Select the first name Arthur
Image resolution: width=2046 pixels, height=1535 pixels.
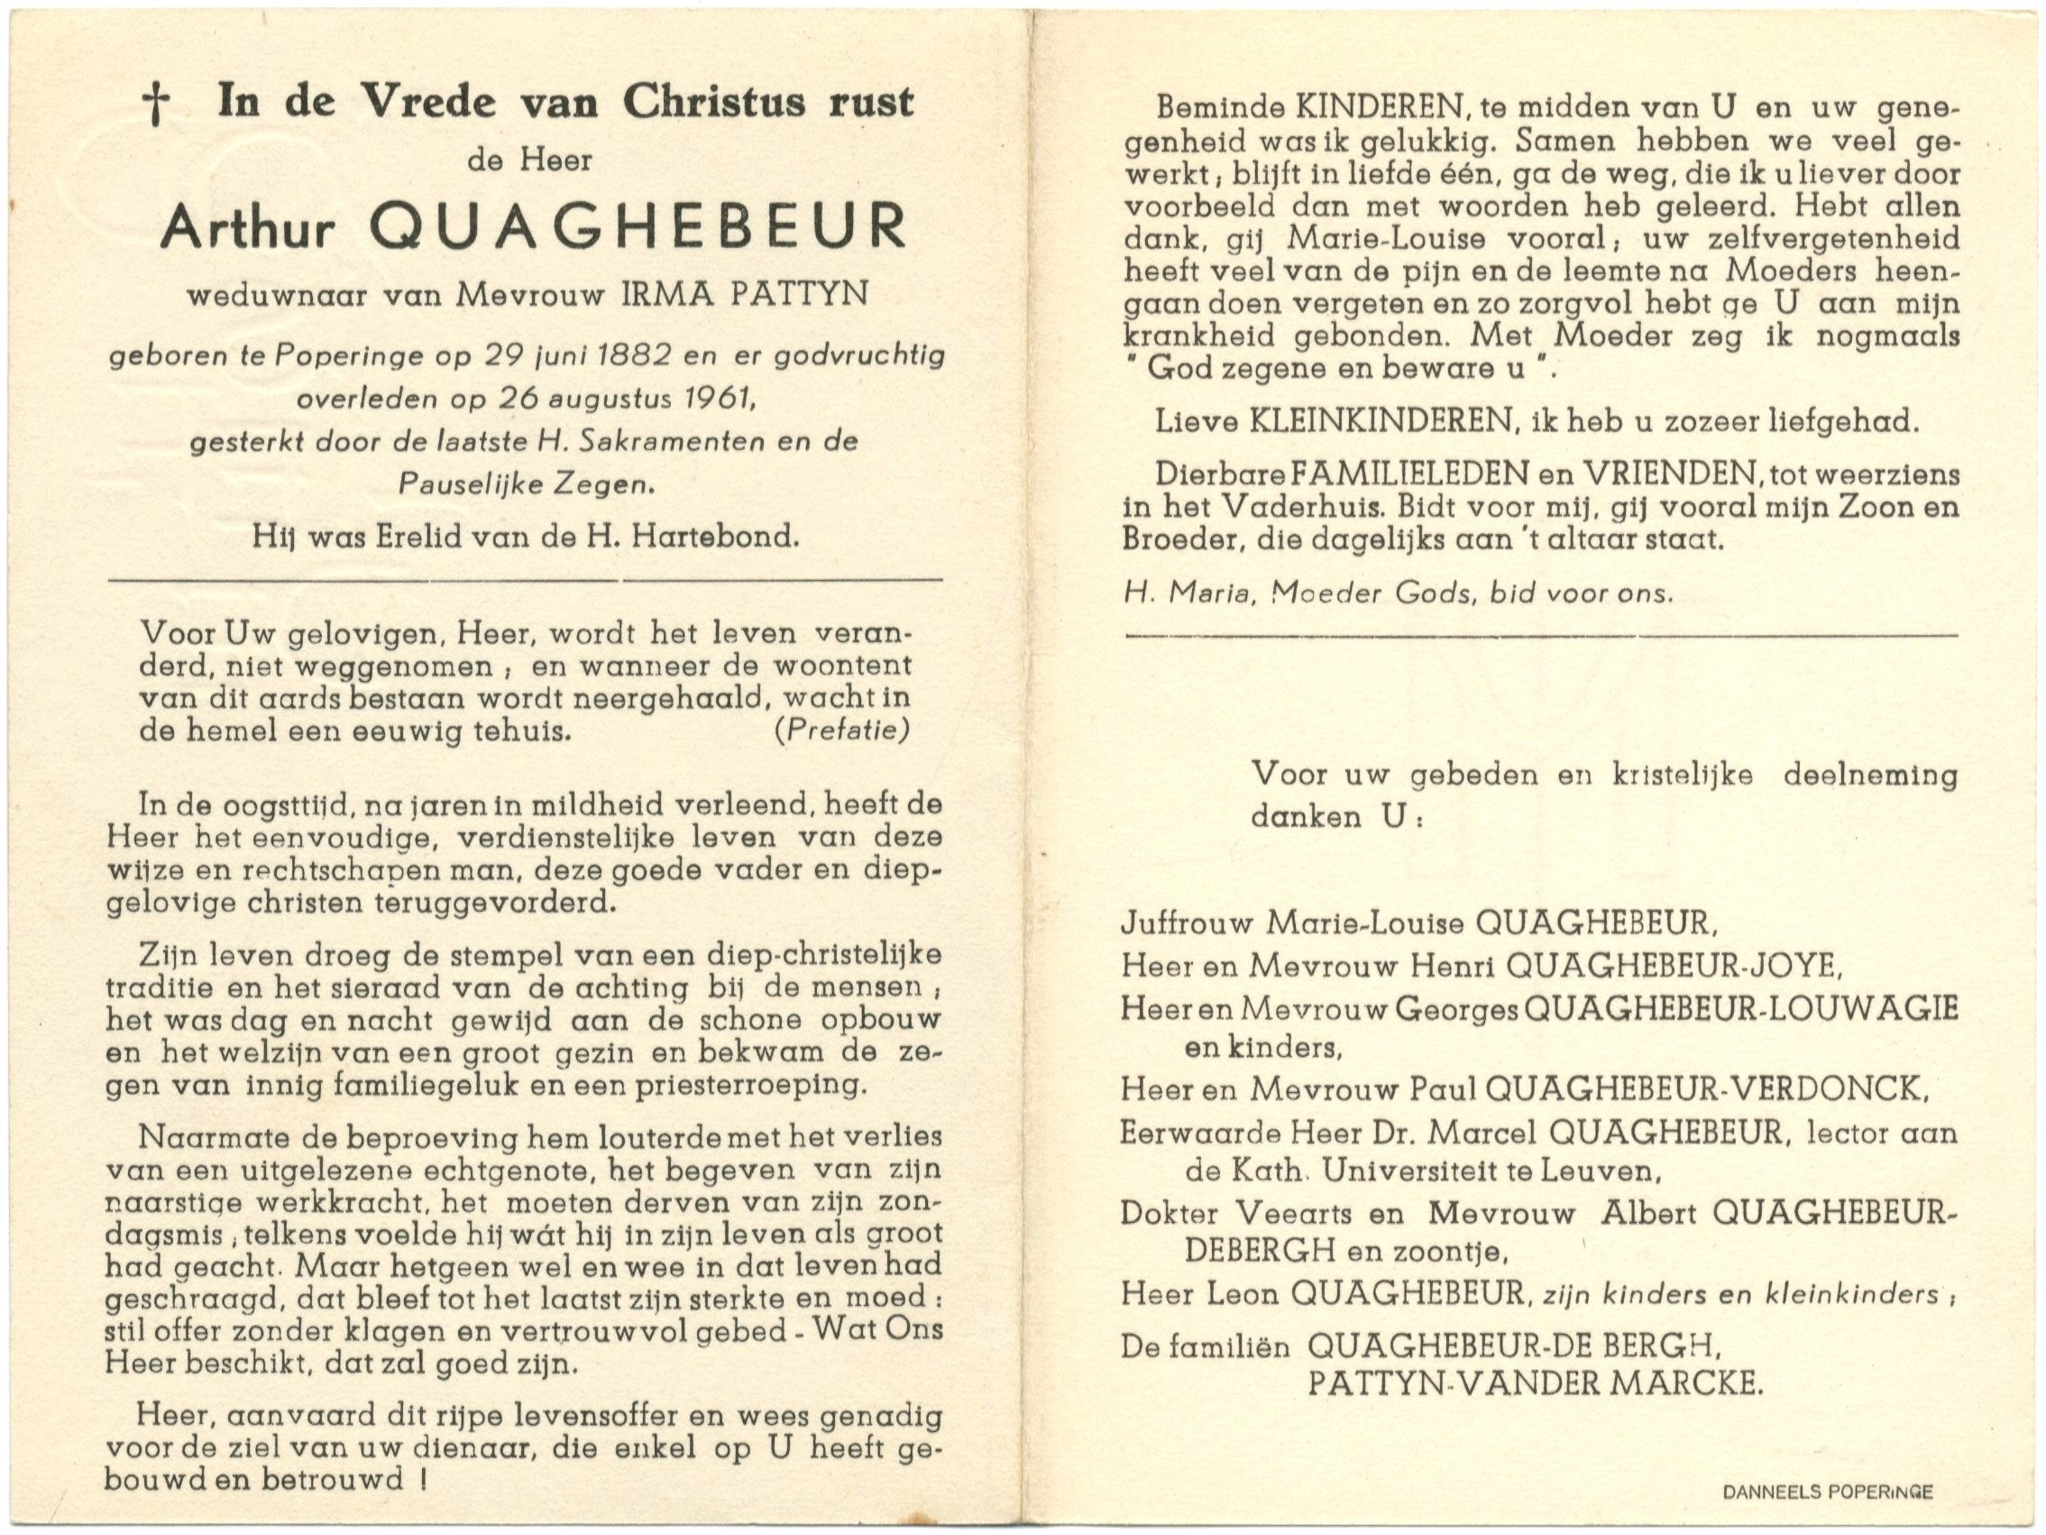pyautogui.click(x=246, y=226)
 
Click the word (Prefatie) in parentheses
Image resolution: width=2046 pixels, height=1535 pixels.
pyautogui.click(x=841, y=731)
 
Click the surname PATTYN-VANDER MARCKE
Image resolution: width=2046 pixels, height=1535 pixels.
pyautogui.click(x=1536, y=1384)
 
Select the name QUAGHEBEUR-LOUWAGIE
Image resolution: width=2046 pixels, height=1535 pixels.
pyautogui.click(x=1739, y=1008)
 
